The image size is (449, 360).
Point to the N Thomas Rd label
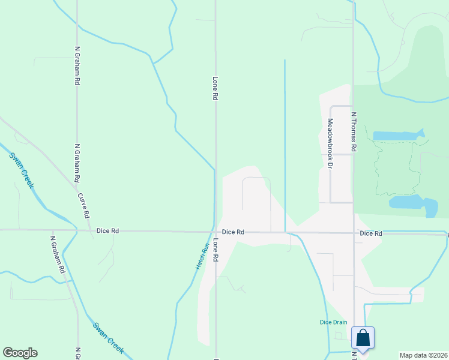[354, 131]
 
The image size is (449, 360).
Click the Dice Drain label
[333, 322]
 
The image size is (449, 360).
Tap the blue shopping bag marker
[363, 338]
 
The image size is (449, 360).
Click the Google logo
[20, 353]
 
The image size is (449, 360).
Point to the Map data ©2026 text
[424, 355]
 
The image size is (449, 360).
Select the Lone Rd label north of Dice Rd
[215, 88]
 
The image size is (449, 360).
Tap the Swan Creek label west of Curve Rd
[22, 170]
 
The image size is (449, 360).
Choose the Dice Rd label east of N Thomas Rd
[371, 233]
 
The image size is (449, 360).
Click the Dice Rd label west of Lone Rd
[107, 230]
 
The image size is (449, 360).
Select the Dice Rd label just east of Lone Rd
[233, 232]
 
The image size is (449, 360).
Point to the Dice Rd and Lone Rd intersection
[215, 232]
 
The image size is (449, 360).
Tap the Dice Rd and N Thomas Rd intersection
[354, 233]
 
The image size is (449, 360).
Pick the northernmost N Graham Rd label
[77, 66]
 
